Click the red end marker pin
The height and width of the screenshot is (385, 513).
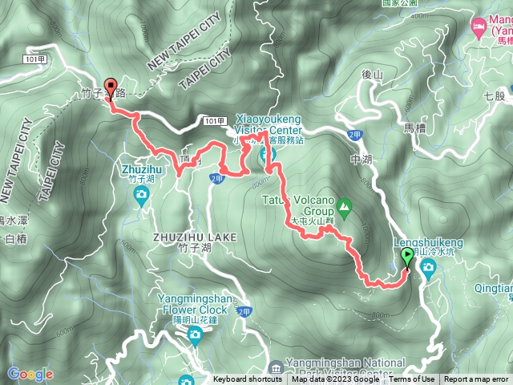coord(110,89)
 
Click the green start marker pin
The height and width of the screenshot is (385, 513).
coord(407,257)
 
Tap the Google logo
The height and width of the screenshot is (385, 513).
coord(30,374)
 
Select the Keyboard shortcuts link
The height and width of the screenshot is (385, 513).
coord(248,379)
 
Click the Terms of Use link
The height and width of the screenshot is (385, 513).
coord(416,379)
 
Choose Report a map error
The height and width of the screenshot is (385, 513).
coord(478,379)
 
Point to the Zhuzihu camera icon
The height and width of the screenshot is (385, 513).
coord(141,193)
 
